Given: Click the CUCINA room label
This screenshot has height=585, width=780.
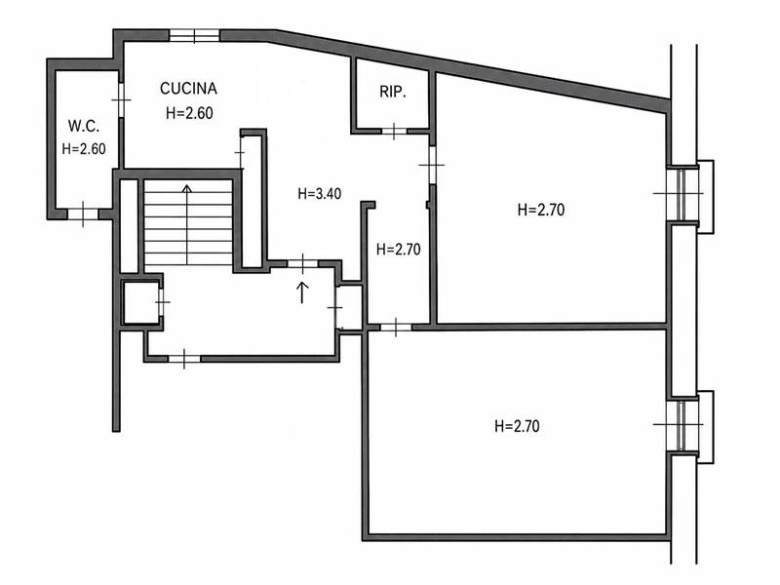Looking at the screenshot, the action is (x=188, y=89).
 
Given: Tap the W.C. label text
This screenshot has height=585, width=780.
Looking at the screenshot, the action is (x=84, y=126).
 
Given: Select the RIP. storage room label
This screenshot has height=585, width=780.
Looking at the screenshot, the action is (x=393, y=92).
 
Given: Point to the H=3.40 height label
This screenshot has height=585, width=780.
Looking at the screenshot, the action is (x=320, y=193).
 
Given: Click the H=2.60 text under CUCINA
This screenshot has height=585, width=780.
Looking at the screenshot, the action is (x=189, y=113).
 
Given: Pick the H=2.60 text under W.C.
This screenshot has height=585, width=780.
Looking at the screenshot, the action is (x=84, y=149).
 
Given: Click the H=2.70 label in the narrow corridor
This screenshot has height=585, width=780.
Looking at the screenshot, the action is (x=399, y=249).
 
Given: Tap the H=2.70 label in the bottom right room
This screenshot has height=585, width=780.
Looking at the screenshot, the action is (x=517, y=426).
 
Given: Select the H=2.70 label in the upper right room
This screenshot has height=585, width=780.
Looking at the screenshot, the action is (x=541, y=210).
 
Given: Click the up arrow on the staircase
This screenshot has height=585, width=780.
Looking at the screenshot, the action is (x=187, y=224).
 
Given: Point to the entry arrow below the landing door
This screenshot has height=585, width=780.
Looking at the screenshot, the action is (x=302, y=292).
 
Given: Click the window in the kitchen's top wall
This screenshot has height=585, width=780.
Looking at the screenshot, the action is (x=194, y=35).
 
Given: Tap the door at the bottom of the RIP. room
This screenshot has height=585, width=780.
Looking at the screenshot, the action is (x=394, y=132).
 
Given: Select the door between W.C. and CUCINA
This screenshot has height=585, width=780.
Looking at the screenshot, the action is (x=121, y=100).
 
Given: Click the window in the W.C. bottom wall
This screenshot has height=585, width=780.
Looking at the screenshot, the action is (x=83, y=214).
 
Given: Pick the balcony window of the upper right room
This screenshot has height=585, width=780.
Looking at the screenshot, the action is (x=682, y=193).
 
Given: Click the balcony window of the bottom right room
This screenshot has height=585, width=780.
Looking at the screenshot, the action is (x=682, y=424).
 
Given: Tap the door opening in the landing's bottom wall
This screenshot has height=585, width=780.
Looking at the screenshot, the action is (x=184, y=359).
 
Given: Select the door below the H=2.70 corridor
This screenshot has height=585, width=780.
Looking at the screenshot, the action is (x=396, y=328).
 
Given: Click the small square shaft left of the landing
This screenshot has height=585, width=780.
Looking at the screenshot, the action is (x=141, y=302).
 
